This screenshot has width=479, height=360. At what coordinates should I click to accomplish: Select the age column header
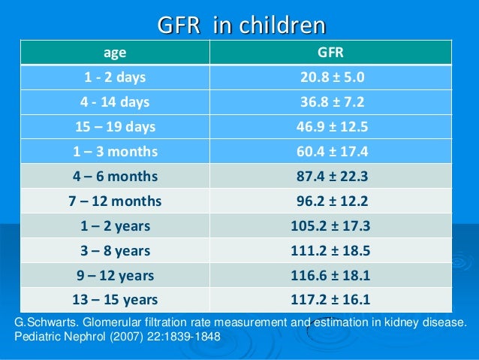coord(114,53)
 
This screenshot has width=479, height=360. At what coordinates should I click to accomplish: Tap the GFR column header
coord(330,53)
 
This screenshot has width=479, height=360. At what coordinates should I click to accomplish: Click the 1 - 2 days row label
coord(114,77)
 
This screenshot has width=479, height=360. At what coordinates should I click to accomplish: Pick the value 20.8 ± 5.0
coord(330,77)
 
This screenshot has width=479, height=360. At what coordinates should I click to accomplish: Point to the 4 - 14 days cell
coord(114,101)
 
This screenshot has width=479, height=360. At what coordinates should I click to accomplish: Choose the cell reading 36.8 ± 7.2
coord(330,101)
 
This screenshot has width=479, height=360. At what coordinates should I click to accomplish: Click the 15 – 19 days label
coord(114,126)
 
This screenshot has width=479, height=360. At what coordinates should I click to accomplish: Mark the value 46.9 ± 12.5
coord(330,126)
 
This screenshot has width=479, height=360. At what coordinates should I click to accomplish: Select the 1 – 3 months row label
coord(114,151)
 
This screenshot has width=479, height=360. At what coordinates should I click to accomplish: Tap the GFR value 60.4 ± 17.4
coord(330,151)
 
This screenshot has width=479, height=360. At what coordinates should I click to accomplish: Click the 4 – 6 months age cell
coord(114,177)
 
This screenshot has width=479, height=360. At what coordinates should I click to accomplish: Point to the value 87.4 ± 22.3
coord(330,177)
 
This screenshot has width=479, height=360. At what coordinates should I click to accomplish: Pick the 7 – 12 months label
coord(114,201)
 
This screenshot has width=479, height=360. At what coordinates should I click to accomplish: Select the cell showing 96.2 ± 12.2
coord(330,201)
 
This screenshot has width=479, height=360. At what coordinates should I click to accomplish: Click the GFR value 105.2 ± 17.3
coord(330,226)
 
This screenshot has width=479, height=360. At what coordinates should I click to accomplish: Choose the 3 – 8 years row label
coord(114,251)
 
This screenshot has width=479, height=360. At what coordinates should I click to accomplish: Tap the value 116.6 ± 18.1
coord(330,276)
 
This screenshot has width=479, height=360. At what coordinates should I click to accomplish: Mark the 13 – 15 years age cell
coord(114,301)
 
